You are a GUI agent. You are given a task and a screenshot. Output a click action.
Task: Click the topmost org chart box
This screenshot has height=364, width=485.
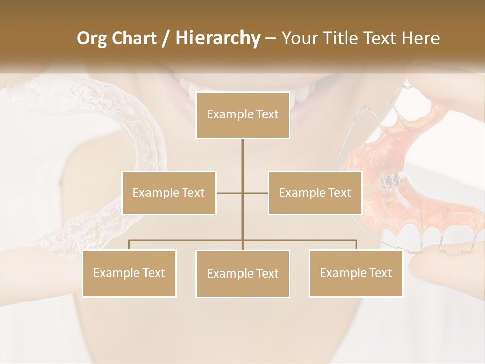point(243,115)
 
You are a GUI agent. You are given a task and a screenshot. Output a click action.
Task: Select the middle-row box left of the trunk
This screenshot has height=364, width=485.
point(169,193)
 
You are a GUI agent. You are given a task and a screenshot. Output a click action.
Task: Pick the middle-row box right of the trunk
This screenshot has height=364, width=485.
point(315,193)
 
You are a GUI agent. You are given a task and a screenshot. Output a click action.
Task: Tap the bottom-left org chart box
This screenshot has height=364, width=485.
point(129,273)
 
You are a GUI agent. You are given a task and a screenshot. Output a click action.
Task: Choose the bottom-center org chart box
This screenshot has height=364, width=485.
point(243,274)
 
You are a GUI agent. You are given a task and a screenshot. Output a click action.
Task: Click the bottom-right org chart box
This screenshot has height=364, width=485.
point(356,273)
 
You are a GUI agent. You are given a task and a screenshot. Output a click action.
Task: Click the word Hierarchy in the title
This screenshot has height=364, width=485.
point(217,38)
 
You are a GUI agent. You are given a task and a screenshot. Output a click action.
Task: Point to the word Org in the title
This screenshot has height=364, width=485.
point(91,38)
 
